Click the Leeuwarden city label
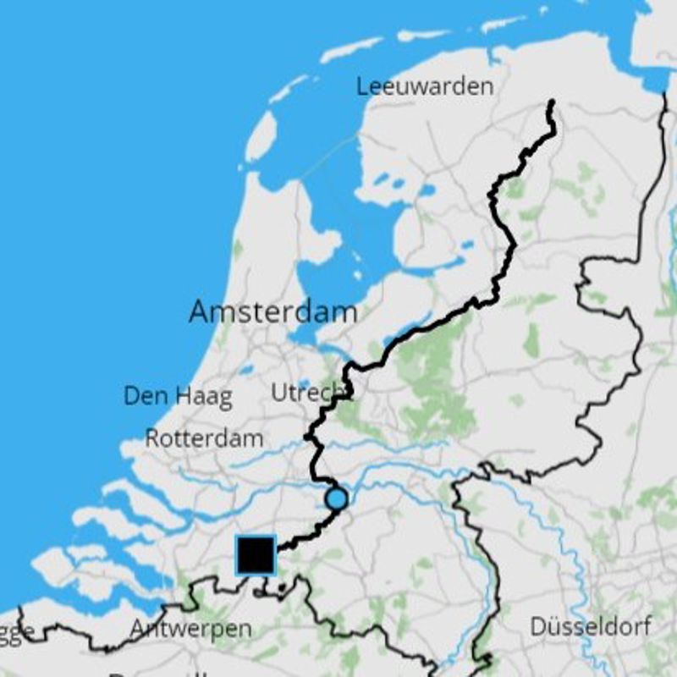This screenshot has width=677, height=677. click(x=424, y=86)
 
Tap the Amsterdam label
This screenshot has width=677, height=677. click(x=272, y=311)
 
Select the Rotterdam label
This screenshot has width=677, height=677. click(x=204, y=438)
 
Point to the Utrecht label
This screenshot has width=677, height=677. click(x=310, y=392)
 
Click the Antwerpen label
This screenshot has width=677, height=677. click(x=190, y=629)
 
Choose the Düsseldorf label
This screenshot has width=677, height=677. click(x=591, y=627)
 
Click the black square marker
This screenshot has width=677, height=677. click(x=256, y=555)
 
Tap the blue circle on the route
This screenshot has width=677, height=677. click(x=337, y=499)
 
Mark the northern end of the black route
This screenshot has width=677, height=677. click(x=552, y=102)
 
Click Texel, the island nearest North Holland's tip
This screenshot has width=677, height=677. click(x=261, y=135)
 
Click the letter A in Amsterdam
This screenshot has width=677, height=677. click(x=200, y=311)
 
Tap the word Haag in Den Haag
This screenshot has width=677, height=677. click(x=203, y=397)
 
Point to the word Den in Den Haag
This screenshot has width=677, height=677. click(x=142, y=395)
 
